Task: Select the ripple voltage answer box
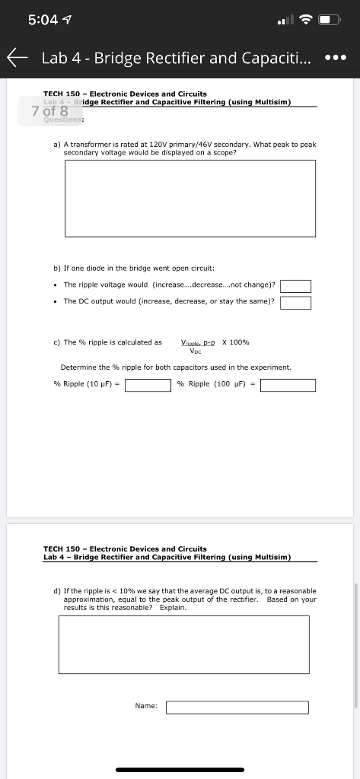click(x=296, y=286)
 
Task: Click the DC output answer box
click(x=296, y=303)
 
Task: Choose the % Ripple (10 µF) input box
click(x=148, y=384)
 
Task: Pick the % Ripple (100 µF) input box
click(x=288, y=384)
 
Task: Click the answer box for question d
click(x=183, y=644)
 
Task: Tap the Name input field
click(x=237, y=707)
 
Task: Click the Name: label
click(x=146, y=707)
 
